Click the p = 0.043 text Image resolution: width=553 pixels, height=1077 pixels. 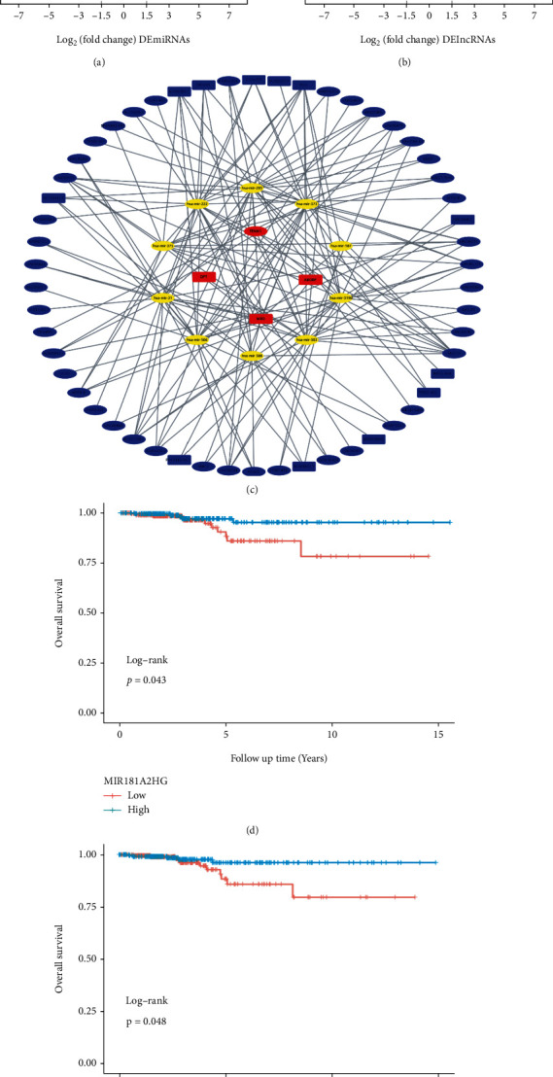140,679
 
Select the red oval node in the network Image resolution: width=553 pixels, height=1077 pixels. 255,231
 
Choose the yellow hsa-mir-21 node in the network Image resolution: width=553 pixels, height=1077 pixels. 162,297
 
